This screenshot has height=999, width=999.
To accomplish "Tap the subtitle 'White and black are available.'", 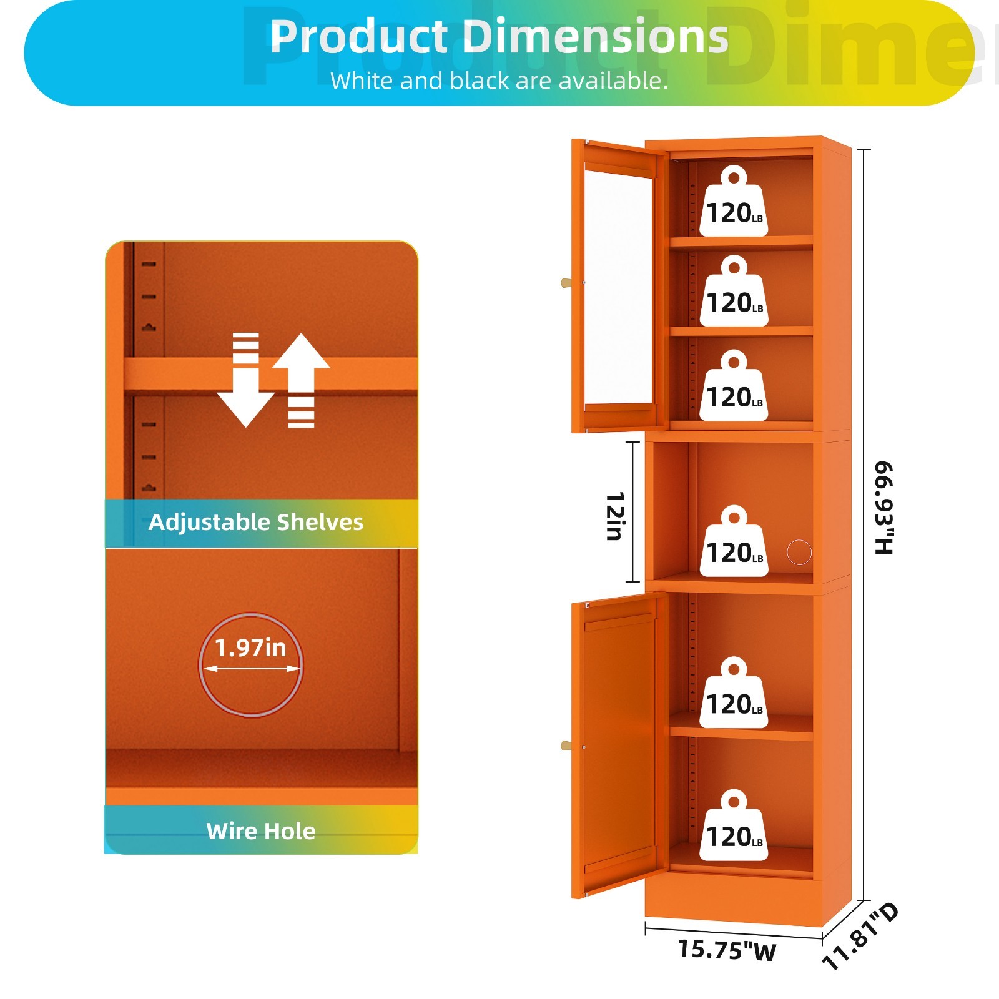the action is pyautogui.click(x=499, y=81).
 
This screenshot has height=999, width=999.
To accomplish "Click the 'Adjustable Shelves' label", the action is pyautogui.click(x=256, y=522).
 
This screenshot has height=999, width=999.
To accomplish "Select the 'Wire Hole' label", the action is pyautogui.click(x=261, y=831).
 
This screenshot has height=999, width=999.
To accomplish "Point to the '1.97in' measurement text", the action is pyautogui.click(x=250, y=648).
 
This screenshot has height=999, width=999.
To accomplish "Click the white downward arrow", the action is pyautogui.click(x=245, y=380).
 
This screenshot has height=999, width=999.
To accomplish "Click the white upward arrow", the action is pyautogui.click(x=301, y=380).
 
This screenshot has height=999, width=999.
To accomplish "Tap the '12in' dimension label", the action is pyautogui.click(x=615, y=516).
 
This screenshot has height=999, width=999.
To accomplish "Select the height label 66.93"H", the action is pyautogui.click(x=884, y=508).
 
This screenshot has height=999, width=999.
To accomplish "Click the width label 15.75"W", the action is pyautogui.click(x=727, y=950).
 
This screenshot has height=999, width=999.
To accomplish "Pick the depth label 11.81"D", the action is pyautogui.click(x=860, y=936).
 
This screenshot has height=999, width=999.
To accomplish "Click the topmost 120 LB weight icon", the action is pyautogui.click(x=734, y=201).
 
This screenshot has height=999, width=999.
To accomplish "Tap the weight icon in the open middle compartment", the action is pyautogui.click(x=734, y=541).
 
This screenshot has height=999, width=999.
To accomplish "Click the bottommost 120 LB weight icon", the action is pyautogui.click(x=734, y=825).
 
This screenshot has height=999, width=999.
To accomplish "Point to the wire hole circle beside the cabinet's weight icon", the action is pyautogui.click(x=799, y=553).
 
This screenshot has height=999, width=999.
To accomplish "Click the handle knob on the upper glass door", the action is pyautogui.click(x=566, y=283).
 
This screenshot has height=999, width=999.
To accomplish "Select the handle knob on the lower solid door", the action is pyautogui.click(x=566, y=746).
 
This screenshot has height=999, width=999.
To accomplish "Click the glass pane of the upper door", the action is pyautogui.click(x=618, y=287).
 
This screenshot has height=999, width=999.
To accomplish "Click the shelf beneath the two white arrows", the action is pyautogui.click(x=270, y=375).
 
